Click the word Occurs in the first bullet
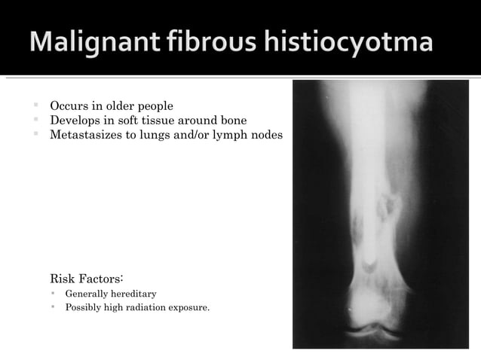(69, 105)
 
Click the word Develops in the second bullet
(75, 120)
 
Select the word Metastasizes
(84, 135)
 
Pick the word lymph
(231, 135)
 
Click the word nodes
(267, 135)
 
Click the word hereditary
(133, 293)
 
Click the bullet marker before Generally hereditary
(54, 293)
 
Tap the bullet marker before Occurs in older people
(35, 105)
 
